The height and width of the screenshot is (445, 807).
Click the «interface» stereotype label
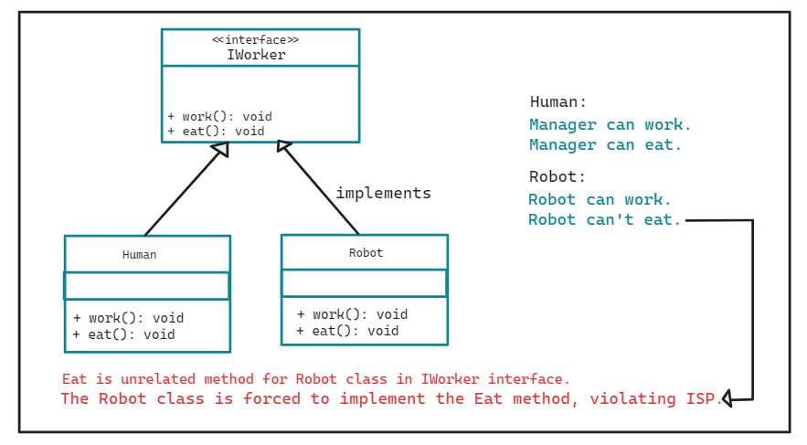pyautogui.click(x=256, y=39)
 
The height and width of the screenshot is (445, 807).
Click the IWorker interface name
pyautogui.click(x=256, y=55)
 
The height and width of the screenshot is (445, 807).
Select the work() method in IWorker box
pyautogui.click(x=219, y=116)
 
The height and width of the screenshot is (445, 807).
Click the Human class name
pyautogui.click(x=140, y=255)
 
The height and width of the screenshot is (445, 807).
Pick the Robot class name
pyautogui.click(x=366, y=252)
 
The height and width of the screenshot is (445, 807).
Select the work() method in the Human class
pyautogui.click(x=128, y=318)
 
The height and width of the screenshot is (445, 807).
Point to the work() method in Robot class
pyautogui.click(x=352, y=314)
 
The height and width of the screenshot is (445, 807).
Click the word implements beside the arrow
pyautogui.click(x=383, y=193)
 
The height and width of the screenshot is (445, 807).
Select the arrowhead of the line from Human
pyautogui.click(x=220, y=150)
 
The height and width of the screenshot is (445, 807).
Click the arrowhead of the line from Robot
pyautogui.click(x=284, y=146)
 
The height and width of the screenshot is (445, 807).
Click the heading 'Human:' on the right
pyautogui.click(x=558, y=102)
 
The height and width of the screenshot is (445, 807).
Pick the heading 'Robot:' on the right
pyautogui.click(x=557, y=176)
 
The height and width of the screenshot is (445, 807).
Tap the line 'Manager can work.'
pyautogui.click(x=611, y=124)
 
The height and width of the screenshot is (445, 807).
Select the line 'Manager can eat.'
pyautogui.click(x=606, y=144)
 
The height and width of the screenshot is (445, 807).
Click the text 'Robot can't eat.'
pyautogui.click(x=605, y=219)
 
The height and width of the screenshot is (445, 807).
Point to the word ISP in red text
pyautogui.click(x=705, y=398)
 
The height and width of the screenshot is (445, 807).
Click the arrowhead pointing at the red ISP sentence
pyautogui.click(x=727, y=398)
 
